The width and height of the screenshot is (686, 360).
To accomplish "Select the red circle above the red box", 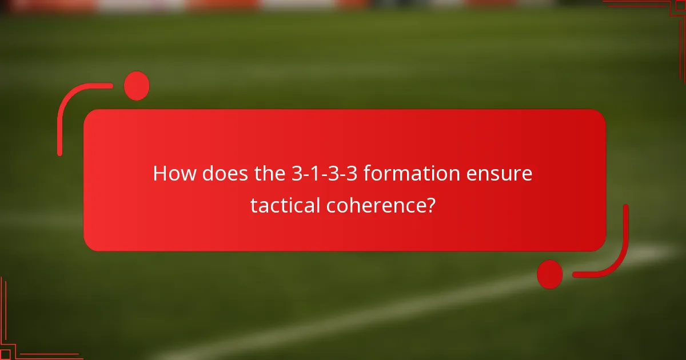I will tap(137, 86).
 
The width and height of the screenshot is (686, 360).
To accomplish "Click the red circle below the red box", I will tap(550, 274).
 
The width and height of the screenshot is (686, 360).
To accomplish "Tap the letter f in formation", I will tap(366, 174).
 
